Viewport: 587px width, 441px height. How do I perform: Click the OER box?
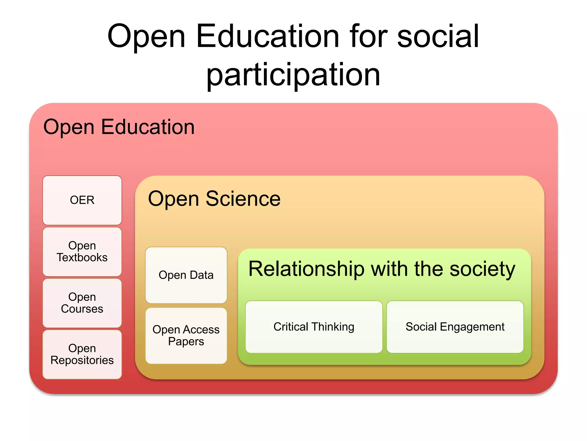point(82,200)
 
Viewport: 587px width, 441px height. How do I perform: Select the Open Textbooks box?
point(82,252)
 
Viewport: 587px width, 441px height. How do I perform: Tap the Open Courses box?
point(82,303)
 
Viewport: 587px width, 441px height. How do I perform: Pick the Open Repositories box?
point(82,354)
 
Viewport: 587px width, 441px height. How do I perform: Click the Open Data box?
point(186,275)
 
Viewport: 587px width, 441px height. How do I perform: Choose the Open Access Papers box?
point(186,335)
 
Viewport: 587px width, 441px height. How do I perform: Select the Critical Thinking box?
point(314,327)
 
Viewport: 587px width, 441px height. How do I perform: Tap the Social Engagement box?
point(455,327)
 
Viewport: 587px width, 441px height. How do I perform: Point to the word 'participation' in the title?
point(293,75)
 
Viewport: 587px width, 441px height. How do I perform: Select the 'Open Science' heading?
point(214,199)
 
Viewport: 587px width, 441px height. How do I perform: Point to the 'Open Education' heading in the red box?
point(119,127)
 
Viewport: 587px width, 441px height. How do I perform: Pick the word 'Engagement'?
point(472,327)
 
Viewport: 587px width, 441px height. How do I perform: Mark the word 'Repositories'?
point(82,360)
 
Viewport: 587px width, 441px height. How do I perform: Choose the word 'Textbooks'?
point(82,258)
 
